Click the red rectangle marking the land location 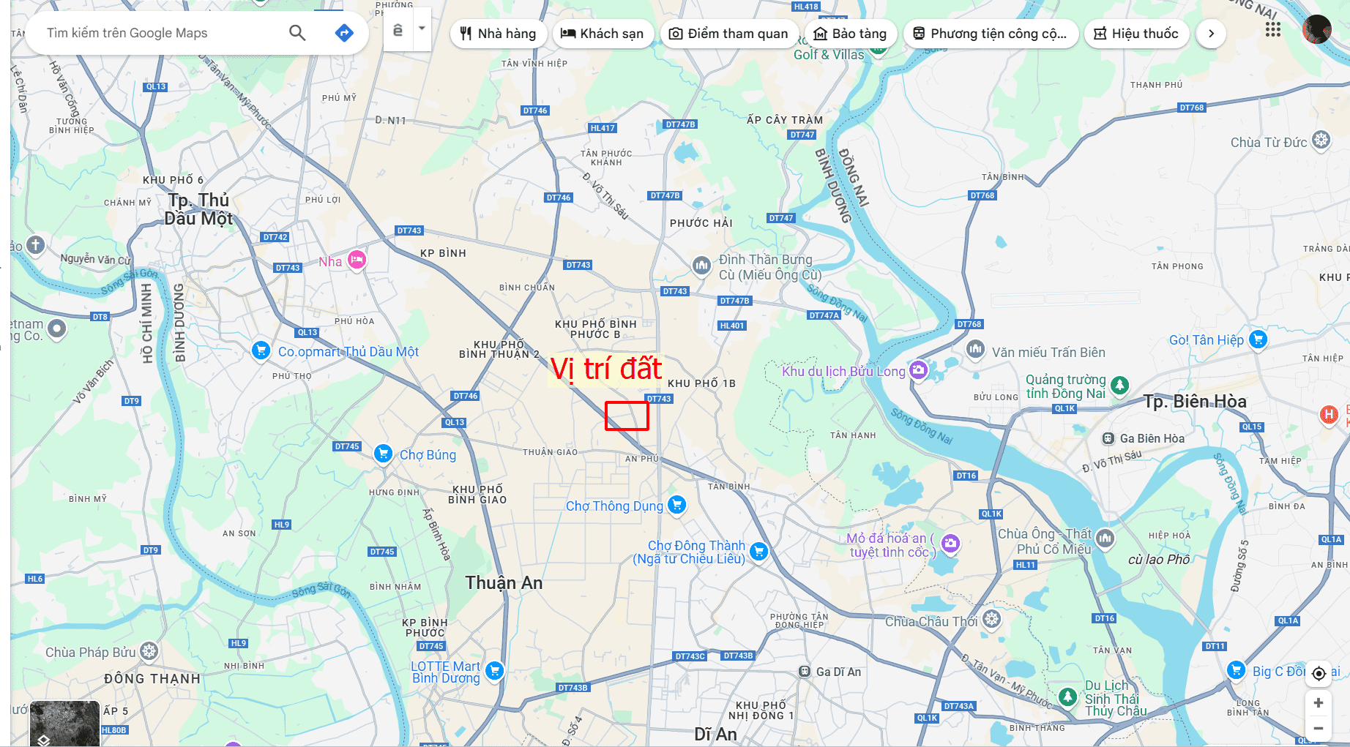click(x=627, y=416)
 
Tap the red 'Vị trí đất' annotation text click(x=605, y=369)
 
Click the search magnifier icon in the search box click(x=297, y=33)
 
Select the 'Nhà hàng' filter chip click(x=498, y=34)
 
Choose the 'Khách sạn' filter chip click(x=602, y=34)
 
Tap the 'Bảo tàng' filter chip click(x=850, y=34)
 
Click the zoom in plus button click(x=1319, y=703)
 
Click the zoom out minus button click(x=1319, y=728)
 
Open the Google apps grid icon click(x=1273, y=30)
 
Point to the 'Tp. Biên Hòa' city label click(x=1195, y=402)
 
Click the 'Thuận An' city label click(x=504, y=583)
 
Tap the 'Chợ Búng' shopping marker click(x=383, y=454)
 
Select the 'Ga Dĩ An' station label click(x=838, y=672)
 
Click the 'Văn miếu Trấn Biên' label click(x=1048, y=353)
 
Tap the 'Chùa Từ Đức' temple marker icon click(x=1321, y=140)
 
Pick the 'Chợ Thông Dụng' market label click(x=614, y=506)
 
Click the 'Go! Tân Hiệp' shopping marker click(x=1258, y=339)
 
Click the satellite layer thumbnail click(x=64, y=723)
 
